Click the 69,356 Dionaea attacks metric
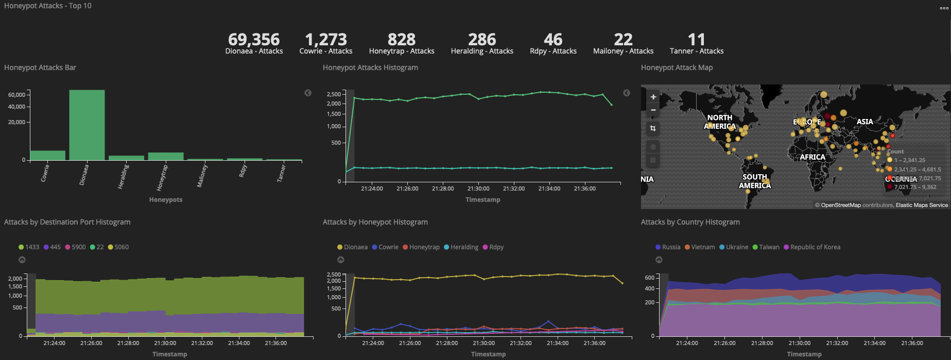[254, 40]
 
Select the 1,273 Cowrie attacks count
[325, 40]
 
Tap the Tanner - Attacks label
[696, 51]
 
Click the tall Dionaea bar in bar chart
[87, 125]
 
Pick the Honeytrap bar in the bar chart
[166, 156]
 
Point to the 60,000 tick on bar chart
[16, 95]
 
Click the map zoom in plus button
[653, 97]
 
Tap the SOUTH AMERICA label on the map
[754, 181]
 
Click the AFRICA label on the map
[812, 157]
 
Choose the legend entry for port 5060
[118, 247]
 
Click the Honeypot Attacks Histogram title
[370, 67]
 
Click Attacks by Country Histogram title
[690, 222]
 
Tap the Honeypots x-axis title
[166, 200]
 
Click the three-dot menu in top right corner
[944, 8]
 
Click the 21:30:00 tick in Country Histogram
[800, 343]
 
